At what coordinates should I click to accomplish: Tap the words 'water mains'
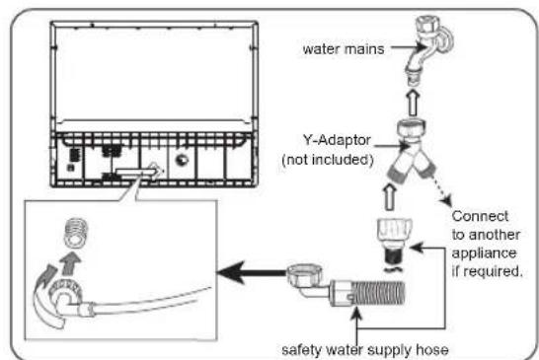[344, 49]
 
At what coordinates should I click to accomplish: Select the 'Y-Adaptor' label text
[337, 140]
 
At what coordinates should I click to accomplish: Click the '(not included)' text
[328, 160]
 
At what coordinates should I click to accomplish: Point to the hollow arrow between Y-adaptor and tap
[414, 103]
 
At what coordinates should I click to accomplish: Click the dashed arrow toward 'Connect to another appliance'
[441, 190]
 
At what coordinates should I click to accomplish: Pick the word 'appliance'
[484, 253]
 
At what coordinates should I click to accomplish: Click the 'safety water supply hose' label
[365, 350]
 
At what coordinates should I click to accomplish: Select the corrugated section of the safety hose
[379, 293]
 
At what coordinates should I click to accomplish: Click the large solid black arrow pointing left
[253, 273]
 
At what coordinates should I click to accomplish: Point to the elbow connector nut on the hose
[305, 274]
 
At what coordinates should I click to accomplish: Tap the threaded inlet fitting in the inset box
[76, 233]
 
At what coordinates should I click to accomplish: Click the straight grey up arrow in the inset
[71, 263]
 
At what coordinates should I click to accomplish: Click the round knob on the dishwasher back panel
[182, 160]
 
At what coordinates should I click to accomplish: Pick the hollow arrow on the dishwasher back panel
[139, 172]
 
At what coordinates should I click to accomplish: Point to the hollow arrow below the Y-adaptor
[390, 197]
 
